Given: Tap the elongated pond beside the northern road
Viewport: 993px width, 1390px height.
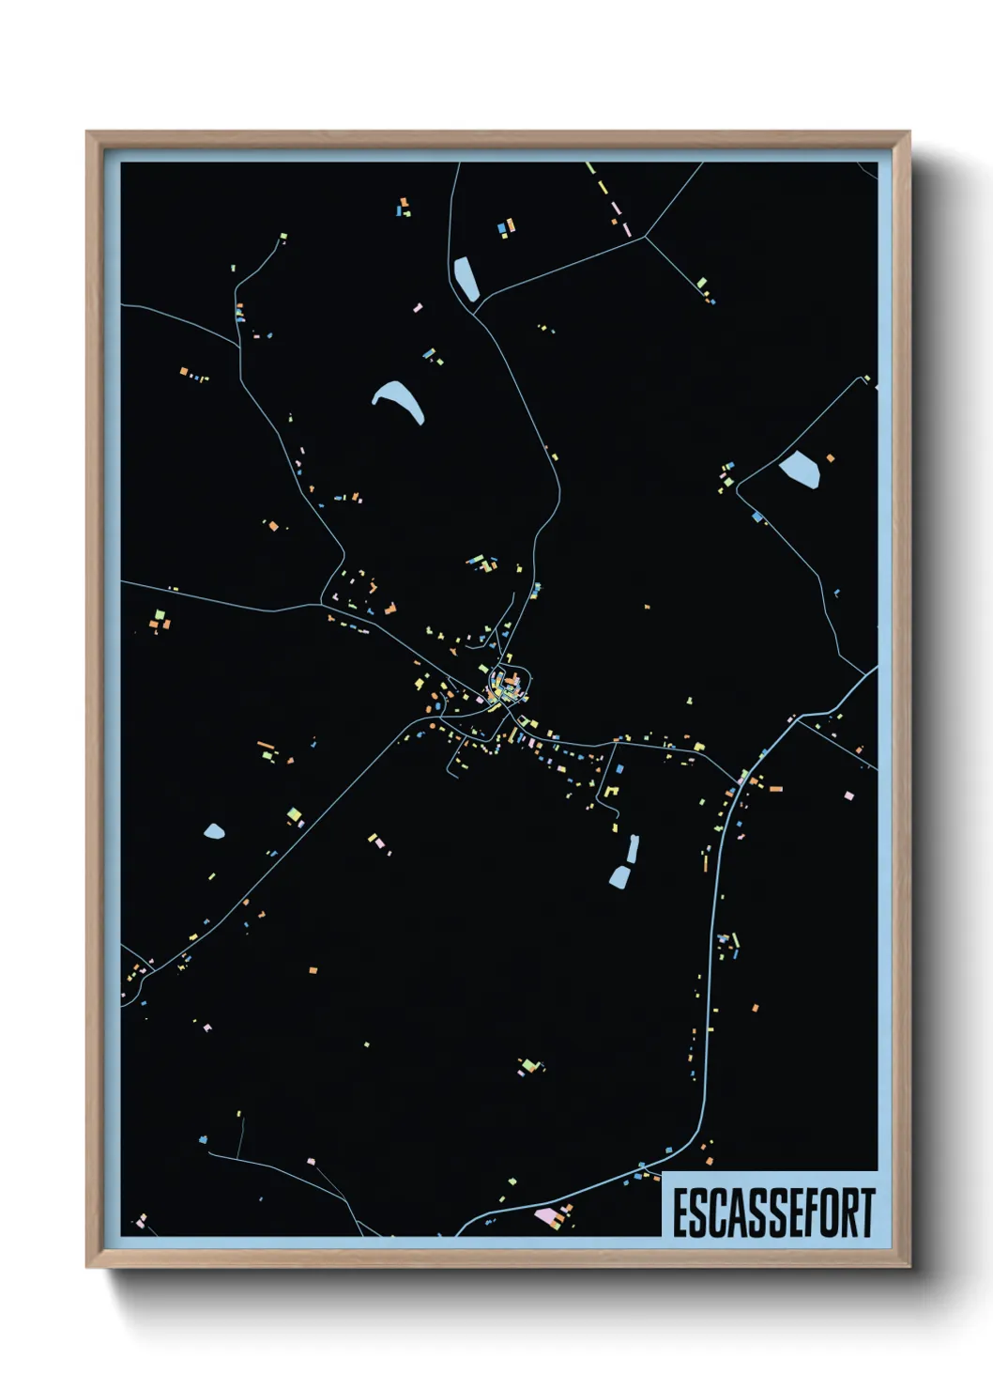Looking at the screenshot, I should pos(465,278).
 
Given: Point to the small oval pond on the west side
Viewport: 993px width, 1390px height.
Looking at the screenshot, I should pos(214,831).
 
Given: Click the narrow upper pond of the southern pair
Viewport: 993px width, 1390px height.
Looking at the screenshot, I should pos(634,849).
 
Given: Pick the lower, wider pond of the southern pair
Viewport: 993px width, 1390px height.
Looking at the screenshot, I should pos(620,877).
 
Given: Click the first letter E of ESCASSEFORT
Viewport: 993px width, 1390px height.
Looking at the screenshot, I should pos(680,1213).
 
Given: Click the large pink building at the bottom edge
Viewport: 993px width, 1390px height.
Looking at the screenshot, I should pos(544,1215).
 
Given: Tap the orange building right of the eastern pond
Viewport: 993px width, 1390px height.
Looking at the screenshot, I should pos(831,458).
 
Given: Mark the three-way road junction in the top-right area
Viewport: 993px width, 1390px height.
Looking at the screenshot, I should pos(645,237).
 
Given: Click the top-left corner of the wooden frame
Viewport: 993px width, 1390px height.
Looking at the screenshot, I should pos(87,132).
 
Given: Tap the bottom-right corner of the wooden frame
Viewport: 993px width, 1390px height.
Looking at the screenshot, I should pos(909,1267).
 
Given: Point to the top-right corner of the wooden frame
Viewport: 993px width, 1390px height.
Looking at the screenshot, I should pos(909,132).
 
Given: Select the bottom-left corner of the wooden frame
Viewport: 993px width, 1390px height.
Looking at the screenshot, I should pos(87,1267).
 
